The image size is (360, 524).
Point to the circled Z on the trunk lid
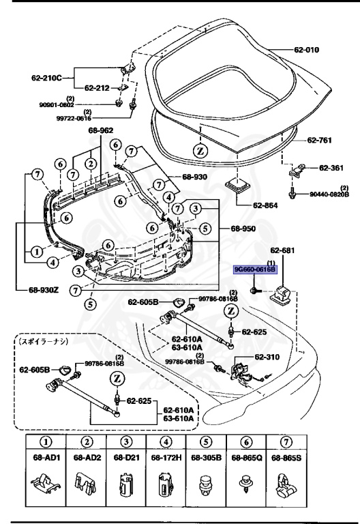coord(200,150)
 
